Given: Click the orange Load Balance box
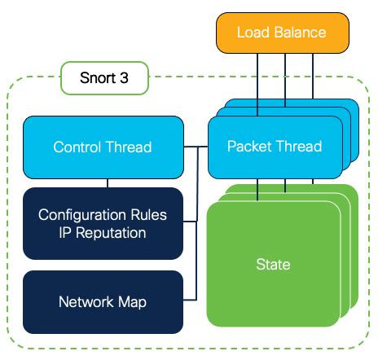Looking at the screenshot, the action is pos(283,33).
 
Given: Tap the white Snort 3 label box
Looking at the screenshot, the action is pos(104,78).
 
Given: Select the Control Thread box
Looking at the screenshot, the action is pos(103,147).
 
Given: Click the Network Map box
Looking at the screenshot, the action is pos(103,302).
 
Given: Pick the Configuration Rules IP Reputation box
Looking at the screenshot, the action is pos(103,223).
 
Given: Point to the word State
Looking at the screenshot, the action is pos(273,264).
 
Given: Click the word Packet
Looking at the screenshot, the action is pos(249,146).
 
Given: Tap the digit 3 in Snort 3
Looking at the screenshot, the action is pos(124,78).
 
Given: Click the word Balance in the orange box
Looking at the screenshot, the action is pos(300,33).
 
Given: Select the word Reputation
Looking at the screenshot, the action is pos(111,233).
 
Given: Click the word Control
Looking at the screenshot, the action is pos(77,147).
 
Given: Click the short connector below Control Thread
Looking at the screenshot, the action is pos(108,183).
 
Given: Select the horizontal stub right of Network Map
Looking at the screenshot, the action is pos(190,300).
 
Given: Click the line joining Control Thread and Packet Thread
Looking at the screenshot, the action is pos(196,147).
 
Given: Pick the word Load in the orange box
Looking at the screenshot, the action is pos(253,33).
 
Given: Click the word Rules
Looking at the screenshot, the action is pos(148,215).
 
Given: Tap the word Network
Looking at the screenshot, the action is pos(86,301).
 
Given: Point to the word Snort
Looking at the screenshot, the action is pos(98,78).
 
